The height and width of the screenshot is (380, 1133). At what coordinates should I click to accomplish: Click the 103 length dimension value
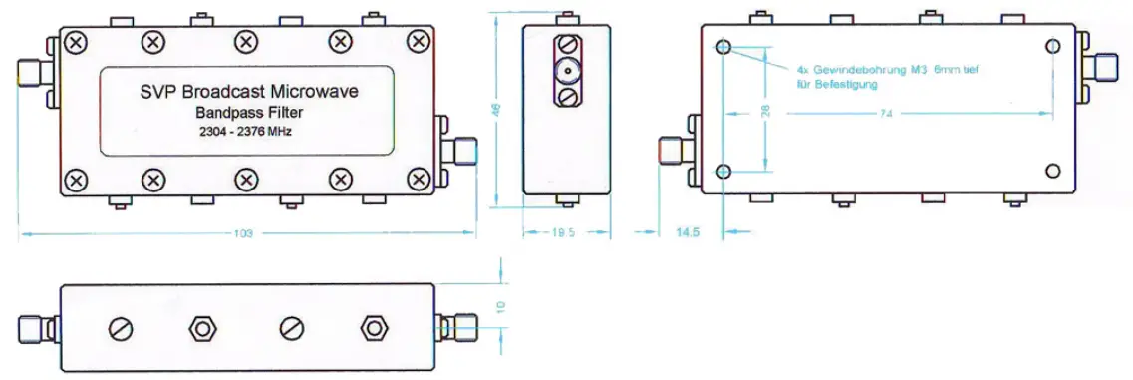242,234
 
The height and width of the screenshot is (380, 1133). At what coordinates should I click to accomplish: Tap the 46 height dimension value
498,111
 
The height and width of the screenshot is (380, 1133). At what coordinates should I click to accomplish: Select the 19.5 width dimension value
563,232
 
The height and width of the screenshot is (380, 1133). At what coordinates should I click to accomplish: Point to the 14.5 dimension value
688,232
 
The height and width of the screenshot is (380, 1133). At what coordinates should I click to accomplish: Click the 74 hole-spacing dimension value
885,115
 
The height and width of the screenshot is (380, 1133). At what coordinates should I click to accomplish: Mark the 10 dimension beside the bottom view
501,306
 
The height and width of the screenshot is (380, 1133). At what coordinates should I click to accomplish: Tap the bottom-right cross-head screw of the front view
419,181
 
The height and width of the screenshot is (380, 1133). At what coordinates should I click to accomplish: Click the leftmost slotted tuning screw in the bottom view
120,328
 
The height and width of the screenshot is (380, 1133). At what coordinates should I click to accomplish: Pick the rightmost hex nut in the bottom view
374,328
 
